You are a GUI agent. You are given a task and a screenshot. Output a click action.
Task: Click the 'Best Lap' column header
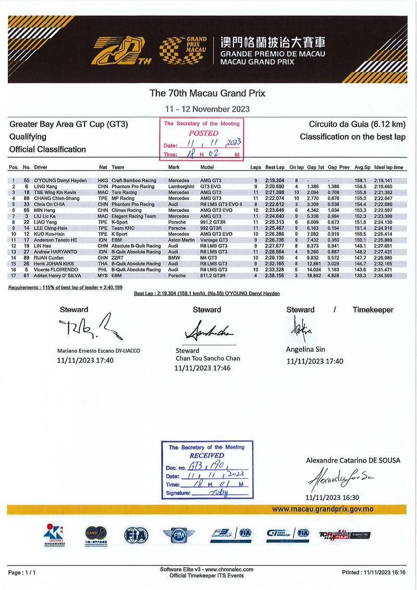tap(274, 168)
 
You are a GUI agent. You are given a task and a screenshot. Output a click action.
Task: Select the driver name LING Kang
tap(46, 186)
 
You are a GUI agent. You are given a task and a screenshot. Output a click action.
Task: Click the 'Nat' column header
tap(103, 168)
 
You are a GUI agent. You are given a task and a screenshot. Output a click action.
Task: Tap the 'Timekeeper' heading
tap(373, 310)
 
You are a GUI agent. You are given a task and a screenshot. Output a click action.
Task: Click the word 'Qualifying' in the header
tap(28, 137)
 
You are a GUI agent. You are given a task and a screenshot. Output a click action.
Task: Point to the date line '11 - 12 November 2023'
tap(207, 109)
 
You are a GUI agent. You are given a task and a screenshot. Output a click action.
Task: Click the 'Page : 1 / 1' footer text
tap(22, 572)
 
